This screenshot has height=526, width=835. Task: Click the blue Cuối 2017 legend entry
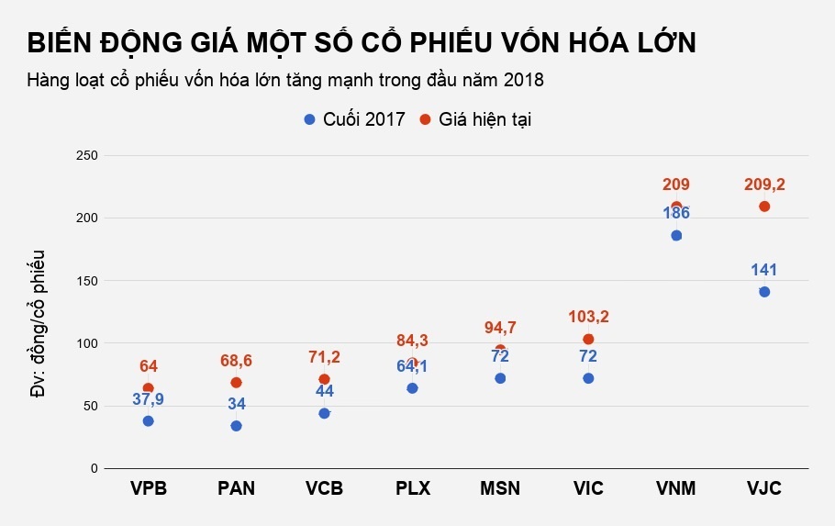[354, 120]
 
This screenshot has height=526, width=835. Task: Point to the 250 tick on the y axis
[86, 155]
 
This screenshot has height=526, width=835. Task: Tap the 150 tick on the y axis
[86, 280]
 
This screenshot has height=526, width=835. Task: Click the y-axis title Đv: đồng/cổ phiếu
[38, 322]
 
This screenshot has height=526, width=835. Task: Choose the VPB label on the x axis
[148, 488]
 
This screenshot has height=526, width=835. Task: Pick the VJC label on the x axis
[764, 488]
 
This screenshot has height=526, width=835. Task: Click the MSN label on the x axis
[500, 488]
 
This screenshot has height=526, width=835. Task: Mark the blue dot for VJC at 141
[764, 292]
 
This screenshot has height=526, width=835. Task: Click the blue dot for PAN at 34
[236, 426]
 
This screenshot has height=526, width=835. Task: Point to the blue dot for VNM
[676, 235]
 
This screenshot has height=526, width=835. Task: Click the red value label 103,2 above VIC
[588, 318]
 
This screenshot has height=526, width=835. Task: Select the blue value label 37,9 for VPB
[148, 400]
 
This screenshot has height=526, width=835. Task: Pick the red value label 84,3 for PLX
[412, 341]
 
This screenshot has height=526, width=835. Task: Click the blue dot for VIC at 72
[588, 378]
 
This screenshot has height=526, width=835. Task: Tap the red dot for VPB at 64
[148, 388]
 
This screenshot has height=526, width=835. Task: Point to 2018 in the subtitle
[523, 81]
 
